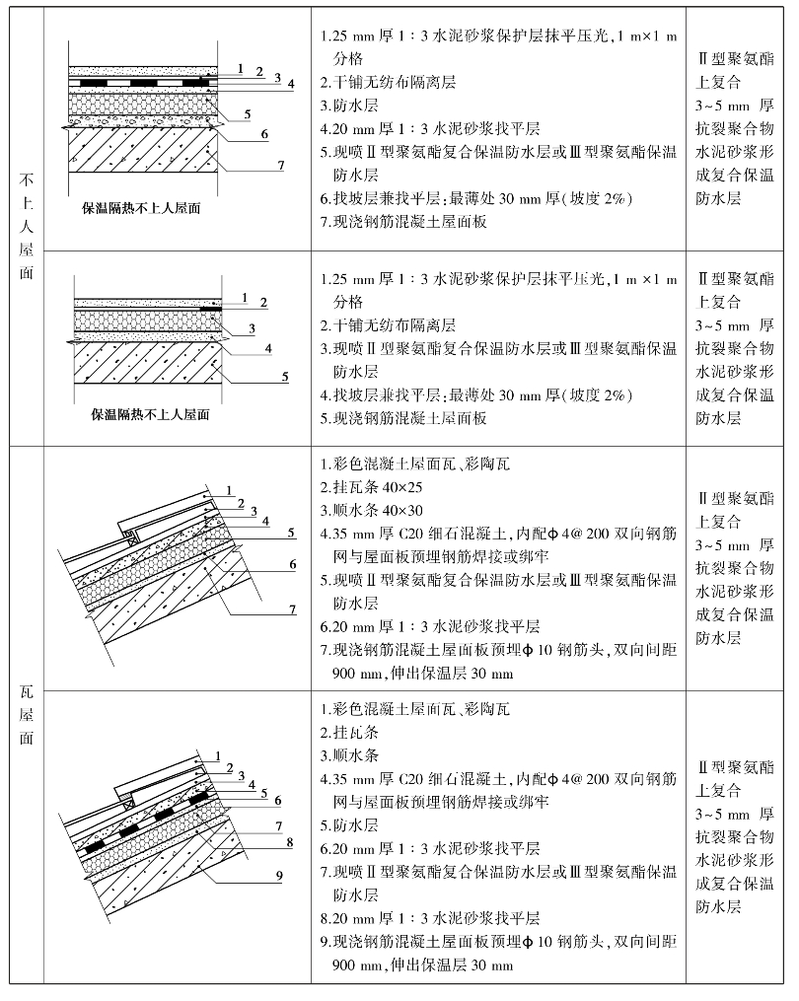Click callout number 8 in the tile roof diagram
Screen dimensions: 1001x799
(x=290, y=843)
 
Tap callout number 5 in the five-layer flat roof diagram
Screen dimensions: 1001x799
(x=284, y=377)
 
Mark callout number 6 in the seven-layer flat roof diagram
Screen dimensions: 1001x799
(x=263, y=133)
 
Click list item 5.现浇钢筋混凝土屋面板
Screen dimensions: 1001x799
(x=404, y=419)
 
